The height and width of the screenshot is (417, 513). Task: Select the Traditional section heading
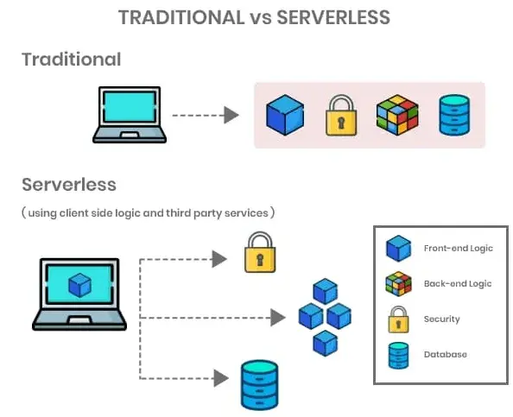click(71, 60)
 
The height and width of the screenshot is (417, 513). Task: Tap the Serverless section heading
click(68, 185)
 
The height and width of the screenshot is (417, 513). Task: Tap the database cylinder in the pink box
click(453, 115)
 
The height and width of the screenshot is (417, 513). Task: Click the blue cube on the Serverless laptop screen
click(79, 284)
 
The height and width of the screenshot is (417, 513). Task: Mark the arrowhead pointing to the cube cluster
click(277, 318)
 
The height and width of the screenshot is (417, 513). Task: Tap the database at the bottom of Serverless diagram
click(258, 384)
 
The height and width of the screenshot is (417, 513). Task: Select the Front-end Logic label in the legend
click(458, 249)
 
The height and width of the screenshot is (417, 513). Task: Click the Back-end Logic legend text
click(458, 284)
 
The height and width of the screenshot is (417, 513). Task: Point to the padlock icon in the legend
click(397, 319)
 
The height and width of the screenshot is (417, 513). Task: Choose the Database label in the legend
click(445, 355)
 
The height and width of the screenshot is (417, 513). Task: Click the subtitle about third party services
click(149, 212)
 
